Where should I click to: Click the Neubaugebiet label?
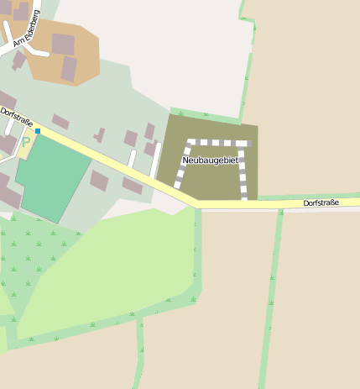(211, 160)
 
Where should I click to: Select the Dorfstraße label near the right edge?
(321, 202)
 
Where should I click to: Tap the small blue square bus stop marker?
(37, 131)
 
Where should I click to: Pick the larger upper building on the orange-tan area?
(63, 44)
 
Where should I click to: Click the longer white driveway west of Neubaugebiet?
(155, 160)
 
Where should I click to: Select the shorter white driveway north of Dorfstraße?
(132, 160)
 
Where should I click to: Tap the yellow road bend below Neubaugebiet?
(197, 203)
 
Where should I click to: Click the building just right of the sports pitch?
(99, 181)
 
